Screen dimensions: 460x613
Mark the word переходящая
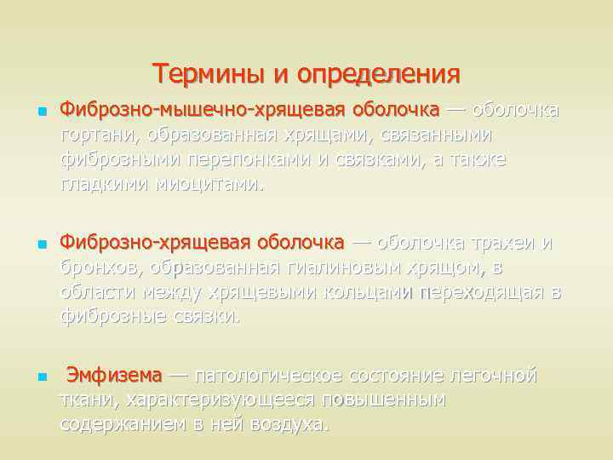click(x=484, y=292)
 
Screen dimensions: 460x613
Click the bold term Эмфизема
click(x=114, y=376)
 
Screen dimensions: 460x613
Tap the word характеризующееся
click(x=232, y=400)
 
